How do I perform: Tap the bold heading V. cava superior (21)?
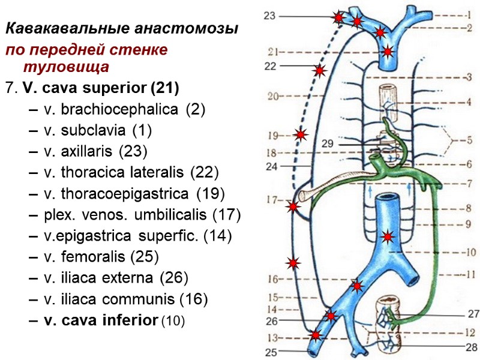[100, 88]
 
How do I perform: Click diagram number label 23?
[269, 16]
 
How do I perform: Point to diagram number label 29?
[328, 144]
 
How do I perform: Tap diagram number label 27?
[473, 313]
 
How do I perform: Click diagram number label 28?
[472, 346]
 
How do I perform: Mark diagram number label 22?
[270, 65]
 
